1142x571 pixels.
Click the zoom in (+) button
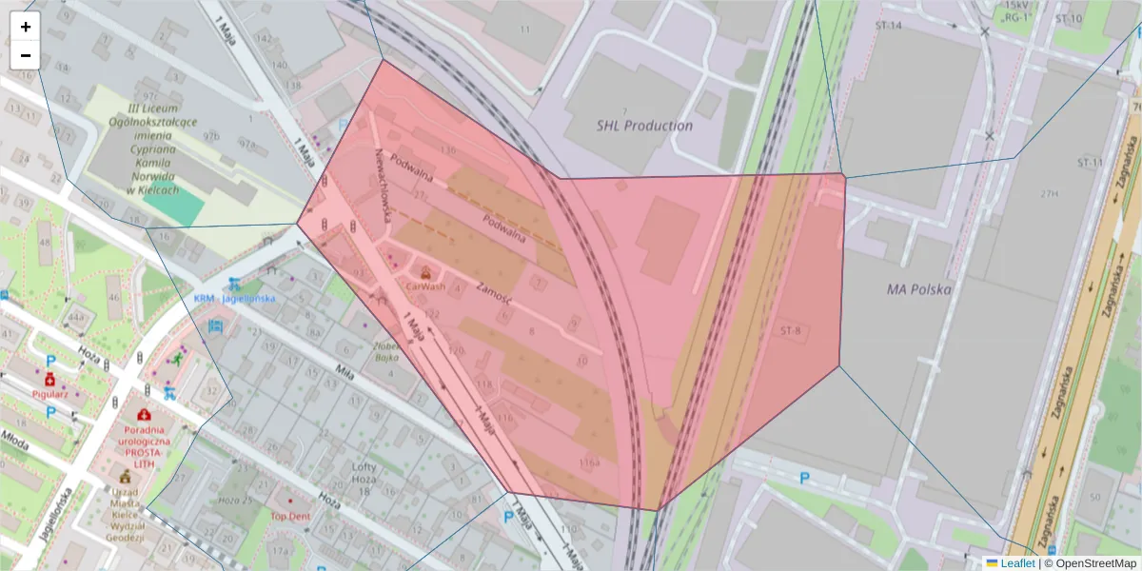[x=26, y=27]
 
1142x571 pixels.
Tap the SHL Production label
[x=644, y=126]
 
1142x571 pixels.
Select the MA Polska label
[x=918, y=288]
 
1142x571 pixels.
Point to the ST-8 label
[x=791, y=331]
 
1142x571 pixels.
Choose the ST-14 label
[x=888, y=25]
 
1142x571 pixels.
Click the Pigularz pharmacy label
[x=49, y=392]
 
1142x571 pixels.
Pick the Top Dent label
[x=290, y=517]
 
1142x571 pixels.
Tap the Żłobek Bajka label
[x=385, y=352]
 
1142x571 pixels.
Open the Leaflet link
[x=1016, y=563]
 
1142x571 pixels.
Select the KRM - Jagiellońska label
[x=234, y=298]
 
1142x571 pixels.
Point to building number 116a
[x=589, y=463]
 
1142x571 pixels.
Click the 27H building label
[x=1050, y=194]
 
